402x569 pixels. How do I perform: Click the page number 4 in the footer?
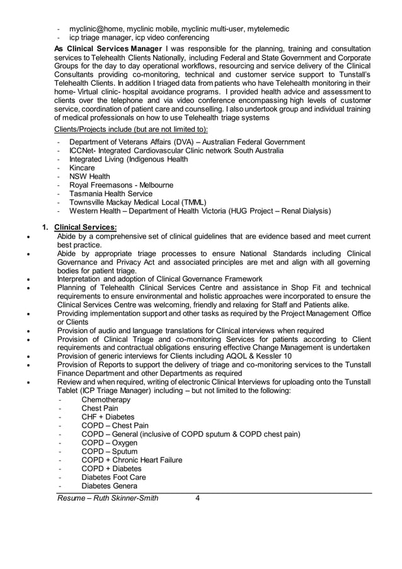pos(198,498)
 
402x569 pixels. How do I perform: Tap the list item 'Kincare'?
pos(82,168)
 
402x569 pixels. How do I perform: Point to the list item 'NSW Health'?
pos(89,177)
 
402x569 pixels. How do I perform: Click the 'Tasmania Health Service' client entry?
pos(110,194)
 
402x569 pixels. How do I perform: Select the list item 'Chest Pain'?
pos(100,409)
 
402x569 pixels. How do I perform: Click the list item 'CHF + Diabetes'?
pos(108,417)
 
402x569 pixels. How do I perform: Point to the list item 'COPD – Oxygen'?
pos(109,443)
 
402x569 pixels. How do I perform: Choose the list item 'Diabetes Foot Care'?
pos(113,478)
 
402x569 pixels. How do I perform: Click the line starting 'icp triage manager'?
pos(139,37)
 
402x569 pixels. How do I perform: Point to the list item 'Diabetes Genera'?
pos(108,486)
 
